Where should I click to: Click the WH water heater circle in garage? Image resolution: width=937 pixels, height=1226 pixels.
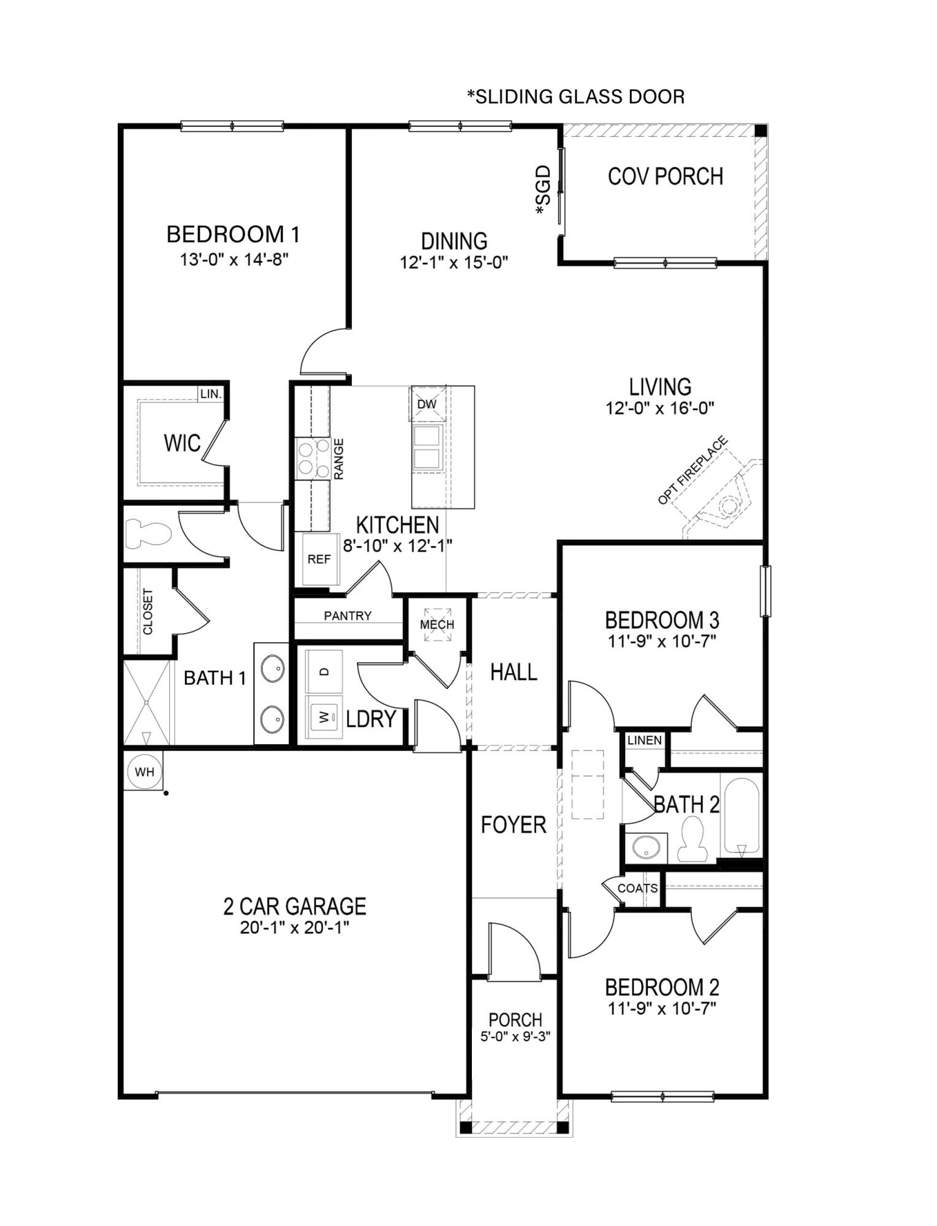(145, 772)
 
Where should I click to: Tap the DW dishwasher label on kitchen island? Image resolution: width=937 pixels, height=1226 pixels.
(427, 404)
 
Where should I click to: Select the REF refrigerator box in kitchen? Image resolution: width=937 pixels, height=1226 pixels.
(319, 559)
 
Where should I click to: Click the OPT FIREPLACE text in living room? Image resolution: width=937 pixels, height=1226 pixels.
(692, 470)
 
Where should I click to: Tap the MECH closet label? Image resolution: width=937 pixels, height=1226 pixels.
(437, 624)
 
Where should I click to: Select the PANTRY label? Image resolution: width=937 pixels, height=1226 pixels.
(347, 615)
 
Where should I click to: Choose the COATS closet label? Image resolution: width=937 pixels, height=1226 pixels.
(637, 888)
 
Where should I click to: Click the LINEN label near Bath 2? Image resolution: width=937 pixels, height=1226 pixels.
(644, 740)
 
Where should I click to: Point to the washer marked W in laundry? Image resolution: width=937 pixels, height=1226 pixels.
(325, 715)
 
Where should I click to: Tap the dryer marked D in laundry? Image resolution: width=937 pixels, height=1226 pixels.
(325, 671)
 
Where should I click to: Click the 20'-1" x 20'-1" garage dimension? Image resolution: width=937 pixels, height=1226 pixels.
(294, 927)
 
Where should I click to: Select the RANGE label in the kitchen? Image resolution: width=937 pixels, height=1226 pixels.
(339, 459)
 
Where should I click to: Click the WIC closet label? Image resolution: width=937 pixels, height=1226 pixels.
(182, 443)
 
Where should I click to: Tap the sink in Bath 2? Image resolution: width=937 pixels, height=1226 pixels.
(646, 848)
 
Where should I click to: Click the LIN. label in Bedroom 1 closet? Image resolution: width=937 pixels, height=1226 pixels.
(211, 394)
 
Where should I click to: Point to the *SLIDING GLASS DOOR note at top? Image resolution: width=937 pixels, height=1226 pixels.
(575, 96)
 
